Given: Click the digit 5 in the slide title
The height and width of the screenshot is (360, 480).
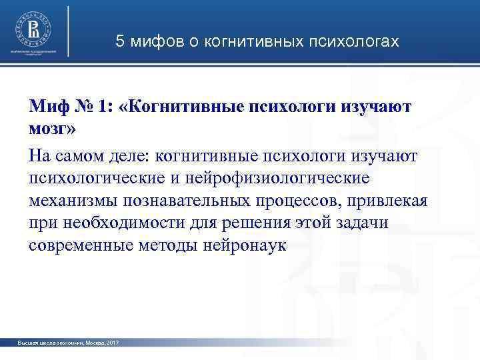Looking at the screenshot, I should pos(120,41).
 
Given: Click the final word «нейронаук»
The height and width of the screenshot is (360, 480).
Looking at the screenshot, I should pos(247,246).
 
